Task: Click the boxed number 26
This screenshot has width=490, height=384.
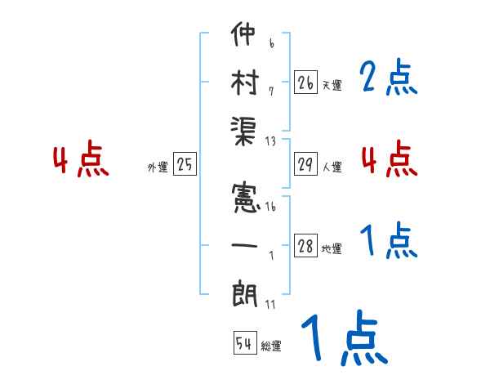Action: pos(305,83)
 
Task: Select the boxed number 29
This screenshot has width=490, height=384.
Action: pos(305,165)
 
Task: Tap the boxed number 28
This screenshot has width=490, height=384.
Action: pos(305,247)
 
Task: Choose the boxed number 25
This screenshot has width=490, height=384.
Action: pos(185,165)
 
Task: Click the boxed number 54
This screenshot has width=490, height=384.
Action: pos(243,344)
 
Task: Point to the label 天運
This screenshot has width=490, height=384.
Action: pos(332,85)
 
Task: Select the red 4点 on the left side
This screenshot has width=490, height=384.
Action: pos(81,160)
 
